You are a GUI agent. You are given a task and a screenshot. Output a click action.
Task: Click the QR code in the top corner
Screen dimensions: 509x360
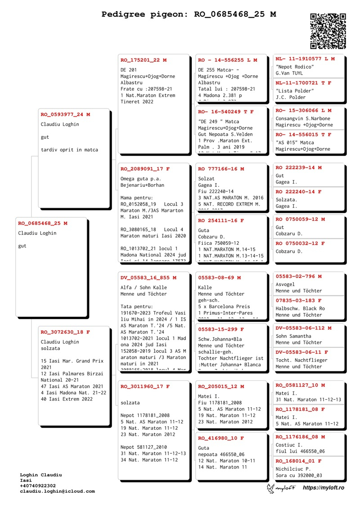(328, 31)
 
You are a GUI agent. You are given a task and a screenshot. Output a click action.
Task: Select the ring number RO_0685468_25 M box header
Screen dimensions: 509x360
(43, 223)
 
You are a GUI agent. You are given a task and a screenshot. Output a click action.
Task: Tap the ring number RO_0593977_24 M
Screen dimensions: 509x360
(65, 114)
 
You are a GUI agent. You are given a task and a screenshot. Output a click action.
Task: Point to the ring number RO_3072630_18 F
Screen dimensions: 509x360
(65, 332)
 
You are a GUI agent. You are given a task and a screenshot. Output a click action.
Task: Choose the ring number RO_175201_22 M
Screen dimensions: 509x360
(144, 60)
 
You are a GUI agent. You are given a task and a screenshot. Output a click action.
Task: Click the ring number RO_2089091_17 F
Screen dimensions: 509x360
(145, 169)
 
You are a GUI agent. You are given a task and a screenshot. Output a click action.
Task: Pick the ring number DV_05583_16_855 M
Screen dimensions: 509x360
(148, 278)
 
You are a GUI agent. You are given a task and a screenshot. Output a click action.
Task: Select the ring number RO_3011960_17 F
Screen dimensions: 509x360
(145, 387)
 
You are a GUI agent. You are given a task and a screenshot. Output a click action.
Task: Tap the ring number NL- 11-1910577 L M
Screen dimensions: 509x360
(305, 59)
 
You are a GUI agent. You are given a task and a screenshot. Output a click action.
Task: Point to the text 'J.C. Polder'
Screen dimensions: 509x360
(291, 97)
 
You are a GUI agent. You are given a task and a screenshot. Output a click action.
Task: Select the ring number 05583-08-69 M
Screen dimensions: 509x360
(220, 278)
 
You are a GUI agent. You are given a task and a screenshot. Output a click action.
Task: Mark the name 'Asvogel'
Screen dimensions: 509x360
(285, 284)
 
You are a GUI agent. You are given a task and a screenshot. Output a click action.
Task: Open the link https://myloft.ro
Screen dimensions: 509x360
(323, 488)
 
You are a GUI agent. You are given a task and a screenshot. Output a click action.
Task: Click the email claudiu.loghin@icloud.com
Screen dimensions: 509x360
(57, 491)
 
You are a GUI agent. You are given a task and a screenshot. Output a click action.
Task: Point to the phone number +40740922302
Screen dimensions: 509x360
(38, 486)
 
